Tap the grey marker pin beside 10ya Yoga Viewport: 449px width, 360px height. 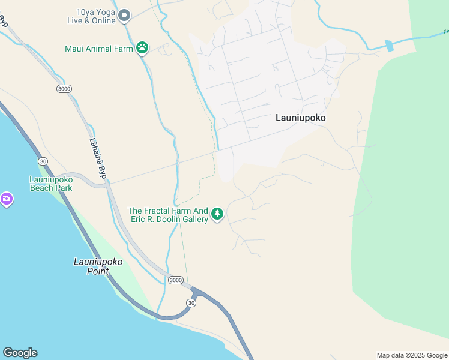(x=124, y=15)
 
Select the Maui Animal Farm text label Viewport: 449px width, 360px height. (x=98, y=49)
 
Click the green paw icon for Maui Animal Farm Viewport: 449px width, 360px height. (x=142, y=48)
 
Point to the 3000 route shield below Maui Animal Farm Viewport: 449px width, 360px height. (x=64, y=89)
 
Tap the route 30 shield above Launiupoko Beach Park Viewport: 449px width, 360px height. (x=42, y=161)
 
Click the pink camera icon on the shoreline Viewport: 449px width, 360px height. (x=6, y=199)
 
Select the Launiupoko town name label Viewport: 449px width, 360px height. (x=300, y=118)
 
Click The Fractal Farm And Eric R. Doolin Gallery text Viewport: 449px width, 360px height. (x=168, y=215)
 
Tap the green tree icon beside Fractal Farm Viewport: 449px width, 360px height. (x=217, y=214)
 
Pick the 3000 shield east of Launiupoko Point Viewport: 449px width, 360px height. (x=176, y=280)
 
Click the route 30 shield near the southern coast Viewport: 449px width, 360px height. (x=191, y=303)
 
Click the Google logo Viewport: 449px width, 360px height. (x=20, y=353)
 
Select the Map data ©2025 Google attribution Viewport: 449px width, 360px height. (x=412, y=355)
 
